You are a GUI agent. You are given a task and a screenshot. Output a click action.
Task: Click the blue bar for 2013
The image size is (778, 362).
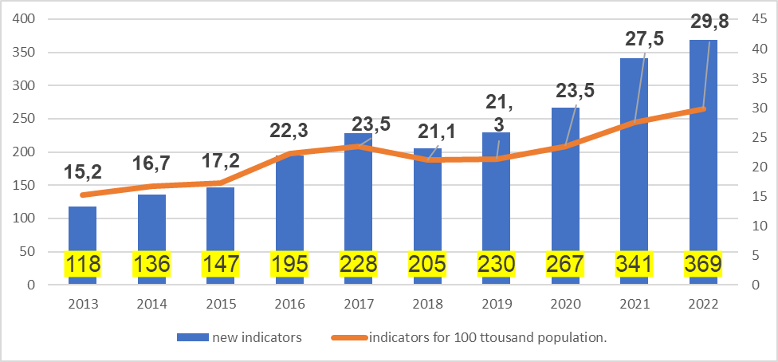click(82, 231)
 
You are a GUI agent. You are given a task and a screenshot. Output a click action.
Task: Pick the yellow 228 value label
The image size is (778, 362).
click(359, 264)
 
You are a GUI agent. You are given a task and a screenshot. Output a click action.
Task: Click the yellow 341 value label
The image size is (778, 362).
click(635, 264)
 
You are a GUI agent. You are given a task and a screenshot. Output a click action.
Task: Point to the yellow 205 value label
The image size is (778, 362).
click(427, 264)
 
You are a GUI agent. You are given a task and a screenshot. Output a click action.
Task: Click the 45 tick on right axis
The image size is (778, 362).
click(759, 19)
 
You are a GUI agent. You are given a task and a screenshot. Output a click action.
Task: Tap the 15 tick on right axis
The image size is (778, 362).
click(759, 196)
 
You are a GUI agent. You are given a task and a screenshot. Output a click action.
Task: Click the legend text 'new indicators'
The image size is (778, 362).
click(257, 338)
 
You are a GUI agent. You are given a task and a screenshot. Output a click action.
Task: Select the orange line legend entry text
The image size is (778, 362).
click(488, 338)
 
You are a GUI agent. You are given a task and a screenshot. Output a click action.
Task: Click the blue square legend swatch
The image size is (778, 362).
click(191, 338)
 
